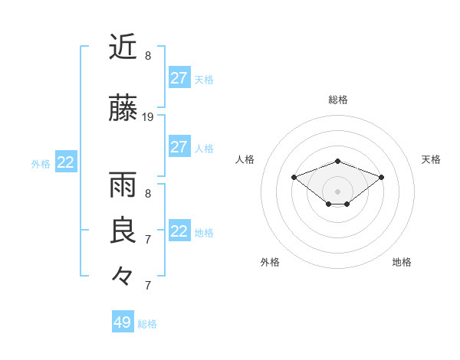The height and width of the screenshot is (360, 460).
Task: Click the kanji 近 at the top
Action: (123, 47)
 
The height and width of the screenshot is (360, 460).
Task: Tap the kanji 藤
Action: (123, 109)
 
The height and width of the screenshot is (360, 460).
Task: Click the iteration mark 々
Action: (123, 274)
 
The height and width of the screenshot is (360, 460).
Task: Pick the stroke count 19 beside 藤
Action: (149, 117)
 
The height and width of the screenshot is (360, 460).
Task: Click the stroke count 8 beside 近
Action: (148, 55)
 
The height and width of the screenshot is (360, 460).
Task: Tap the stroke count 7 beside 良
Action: (148, 239)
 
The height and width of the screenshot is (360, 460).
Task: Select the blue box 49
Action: (123, 322)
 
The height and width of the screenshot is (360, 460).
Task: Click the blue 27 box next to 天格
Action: (179, 78)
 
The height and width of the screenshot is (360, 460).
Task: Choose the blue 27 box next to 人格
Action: (179, 147)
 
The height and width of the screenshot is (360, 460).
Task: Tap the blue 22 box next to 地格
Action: (179, 231)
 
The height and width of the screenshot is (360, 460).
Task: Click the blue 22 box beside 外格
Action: (66, 162)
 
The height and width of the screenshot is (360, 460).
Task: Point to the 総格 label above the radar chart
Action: (338, 100)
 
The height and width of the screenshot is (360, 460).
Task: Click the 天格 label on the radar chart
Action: (432, 159)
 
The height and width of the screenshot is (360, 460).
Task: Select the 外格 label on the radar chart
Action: (270, 262)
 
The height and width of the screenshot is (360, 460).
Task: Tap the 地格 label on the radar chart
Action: (402, 262)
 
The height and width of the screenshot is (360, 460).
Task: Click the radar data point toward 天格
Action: (382, 177)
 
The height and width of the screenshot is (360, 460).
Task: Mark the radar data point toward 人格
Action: (294, 177)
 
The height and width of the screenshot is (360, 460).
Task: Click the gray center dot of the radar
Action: (338, 191)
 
